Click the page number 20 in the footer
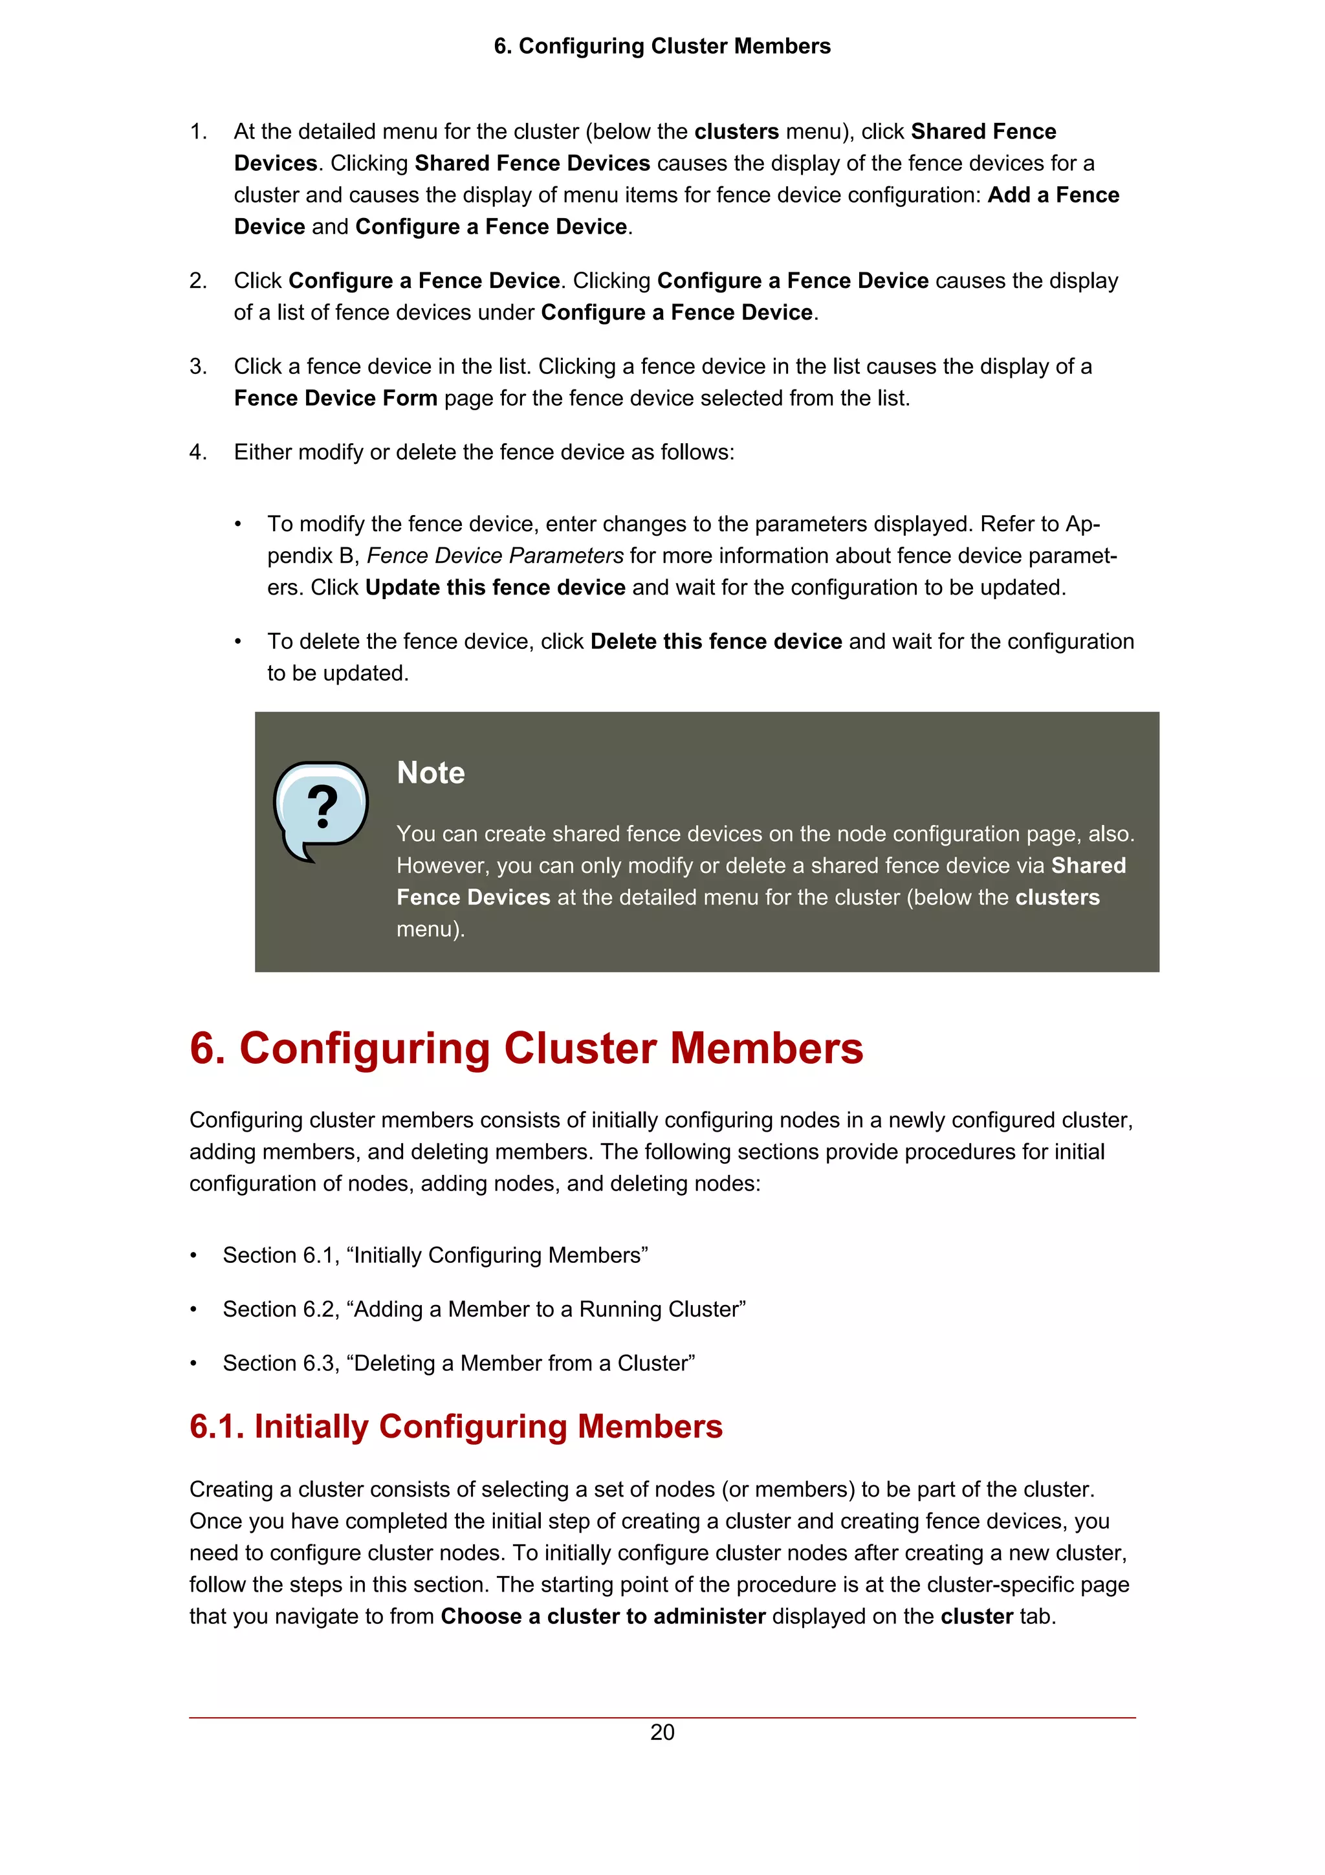[662, 1732]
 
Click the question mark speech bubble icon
[321, 810]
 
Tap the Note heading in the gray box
[430, 773]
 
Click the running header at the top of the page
[662, 46]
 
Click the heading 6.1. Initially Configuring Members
[455, 1427]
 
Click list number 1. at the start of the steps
[199, 131]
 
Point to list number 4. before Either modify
[199, 452]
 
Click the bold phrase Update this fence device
[495, 588]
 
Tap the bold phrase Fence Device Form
[336, 399]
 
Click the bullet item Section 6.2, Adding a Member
[483, 1309]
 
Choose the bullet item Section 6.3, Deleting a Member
[458, 1363]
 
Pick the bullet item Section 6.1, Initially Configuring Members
[435, 1255]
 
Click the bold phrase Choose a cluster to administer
[602, 1616]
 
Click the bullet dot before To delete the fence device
[237, 642]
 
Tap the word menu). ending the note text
[430, 929]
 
